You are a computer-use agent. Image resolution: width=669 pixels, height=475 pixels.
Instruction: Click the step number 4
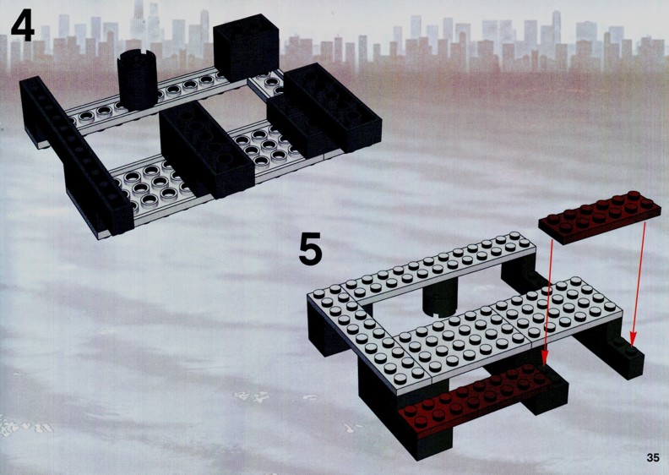(x=23, y=26)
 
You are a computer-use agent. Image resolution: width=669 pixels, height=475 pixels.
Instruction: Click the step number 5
(x=310, y=248)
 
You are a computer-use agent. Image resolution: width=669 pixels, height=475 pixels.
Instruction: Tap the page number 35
(x=653, y=457)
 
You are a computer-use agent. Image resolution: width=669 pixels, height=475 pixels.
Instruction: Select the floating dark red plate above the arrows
(x=600, y=216)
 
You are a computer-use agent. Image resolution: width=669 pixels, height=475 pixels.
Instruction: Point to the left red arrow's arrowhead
(x=545, y=358)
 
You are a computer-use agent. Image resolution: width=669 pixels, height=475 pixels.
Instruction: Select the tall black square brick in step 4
(x=246, y=48)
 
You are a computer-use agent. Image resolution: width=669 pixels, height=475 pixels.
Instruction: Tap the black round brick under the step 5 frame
(x=439, y=300)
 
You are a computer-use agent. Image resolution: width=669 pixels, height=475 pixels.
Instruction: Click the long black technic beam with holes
(x=76, y=156)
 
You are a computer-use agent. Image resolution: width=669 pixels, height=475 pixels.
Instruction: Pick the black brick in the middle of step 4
(x=207, y=150)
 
